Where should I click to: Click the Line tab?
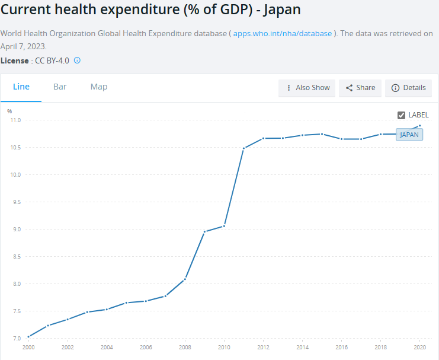21,87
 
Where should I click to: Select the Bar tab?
60,87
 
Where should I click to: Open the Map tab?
99,87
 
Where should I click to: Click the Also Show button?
307,88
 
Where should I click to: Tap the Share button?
360,88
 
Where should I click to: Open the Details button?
408,88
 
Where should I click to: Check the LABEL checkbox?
401,115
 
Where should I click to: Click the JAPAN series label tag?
409,135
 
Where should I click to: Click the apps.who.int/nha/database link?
283,34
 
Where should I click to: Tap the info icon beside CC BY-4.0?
77,60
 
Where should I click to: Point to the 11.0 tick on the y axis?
15,120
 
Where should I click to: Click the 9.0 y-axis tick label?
15,230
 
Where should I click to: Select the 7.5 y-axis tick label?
15,311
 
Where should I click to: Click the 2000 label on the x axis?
28,348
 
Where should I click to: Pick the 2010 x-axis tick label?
224,348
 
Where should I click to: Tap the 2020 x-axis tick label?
419,348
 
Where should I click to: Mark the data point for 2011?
243,148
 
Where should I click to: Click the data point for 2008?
185,279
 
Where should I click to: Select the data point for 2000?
28,337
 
